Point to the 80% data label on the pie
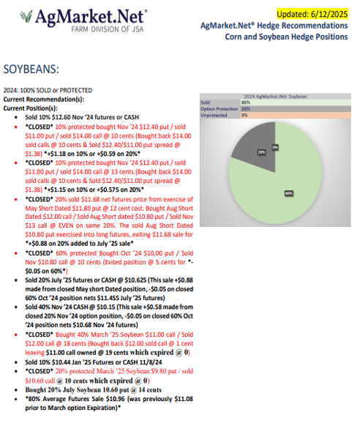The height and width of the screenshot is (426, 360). (x=288, y=194)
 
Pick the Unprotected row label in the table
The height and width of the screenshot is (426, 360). (x=214, y=115)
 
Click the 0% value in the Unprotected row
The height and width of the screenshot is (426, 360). (x=244, y=115)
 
